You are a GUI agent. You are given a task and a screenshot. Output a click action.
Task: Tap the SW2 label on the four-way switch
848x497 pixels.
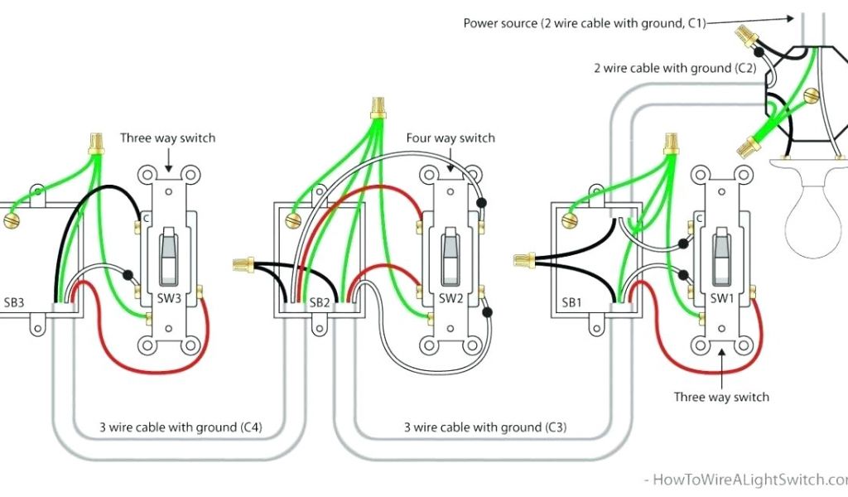450,298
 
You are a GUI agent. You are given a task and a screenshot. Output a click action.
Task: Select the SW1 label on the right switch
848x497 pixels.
721,298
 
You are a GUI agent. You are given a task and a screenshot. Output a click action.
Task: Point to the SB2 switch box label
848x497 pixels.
320,303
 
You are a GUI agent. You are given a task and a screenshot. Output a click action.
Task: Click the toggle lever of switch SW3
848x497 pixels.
168,253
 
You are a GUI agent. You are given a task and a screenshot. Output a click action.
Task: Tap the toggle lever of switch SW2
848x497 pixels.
450,253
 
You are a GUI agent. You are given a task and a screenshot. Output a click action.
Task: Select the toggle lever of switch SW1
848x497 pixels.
721,253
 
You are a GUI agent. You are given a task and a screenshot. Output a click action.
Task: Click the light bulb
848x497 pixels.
816,211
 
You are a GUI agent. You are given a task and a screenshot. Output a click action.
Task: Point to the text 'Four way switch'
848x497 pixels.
450,138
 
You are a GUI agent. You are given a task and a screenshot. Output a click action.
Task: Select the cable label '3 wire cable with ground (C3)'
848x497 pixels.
485,427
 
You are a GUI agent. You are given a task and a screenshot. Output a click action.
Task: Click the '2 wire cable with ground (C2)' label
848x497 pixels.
674,68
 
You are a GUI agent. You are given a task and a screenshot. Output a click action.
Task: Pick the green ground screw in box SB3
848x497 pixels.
12,220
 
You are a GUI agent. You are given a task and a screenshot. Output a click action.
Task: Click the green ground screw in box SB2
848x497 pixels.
291,220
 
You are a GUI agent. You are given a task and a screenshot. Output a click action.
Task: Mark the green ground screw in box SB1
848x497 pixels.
568,220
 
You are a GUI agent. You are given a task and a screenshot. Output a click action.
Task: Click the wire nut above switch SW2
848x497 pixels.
378,108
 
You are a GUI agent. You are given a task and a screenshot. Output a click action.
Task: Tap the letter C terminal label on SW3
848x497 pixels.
146,219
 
